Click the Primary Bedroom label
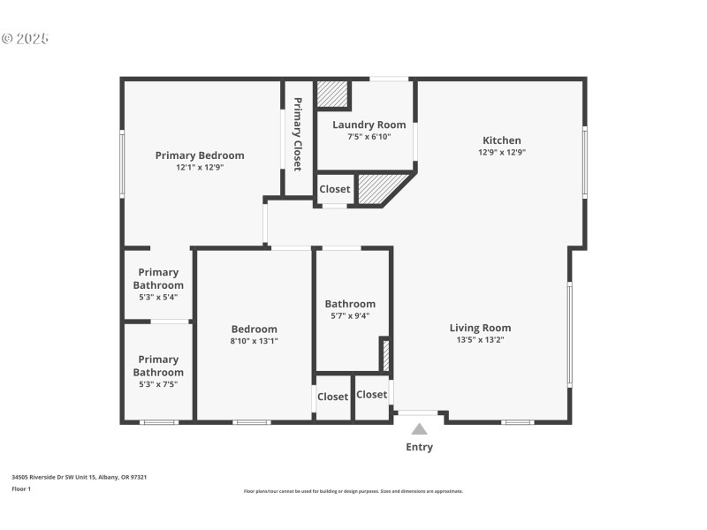point(200,155)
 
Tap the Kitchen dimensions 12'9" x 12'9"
point(501,152)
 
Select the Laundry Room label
point(369,125)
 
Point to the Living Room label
point(480,328)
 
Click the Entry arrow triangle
point(420,429)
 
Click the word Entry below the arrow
point(420,447)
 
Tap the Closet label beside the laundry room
point(335,189)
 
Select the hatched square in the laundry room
point(332,94)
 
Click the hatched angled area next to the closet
point(378,189)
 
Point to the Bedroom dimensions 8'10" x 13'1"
point(255,341)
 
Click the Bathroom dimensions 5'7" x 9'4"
point(350,315)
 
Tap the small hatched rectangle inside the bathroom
point(384,354)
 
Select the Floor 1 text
point(21,488)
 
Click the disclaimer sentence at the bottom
point(353,491)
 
